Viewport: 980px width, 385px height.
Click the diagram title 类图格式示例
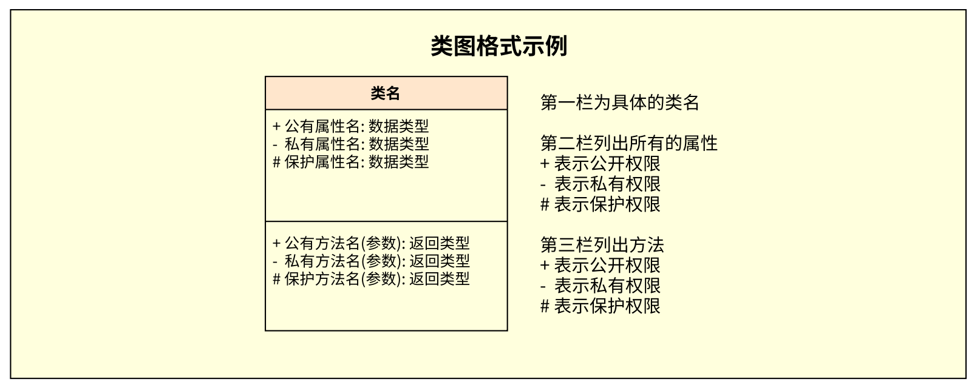click(x=499, y=46)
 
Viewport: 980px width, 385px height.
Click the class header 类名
click(x=386, y=93)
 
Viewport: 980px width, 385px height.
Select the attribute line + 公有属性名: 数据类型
click(x=350, y=126)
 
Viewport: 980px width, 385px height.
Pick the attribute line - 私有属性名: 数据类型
click(x=350, y=144)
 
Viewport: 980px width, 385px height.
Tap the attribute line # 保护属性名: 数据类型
click(x=350, y=161)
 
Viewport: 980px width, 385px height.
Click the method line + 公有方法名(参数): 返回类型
click(x=371, y=243)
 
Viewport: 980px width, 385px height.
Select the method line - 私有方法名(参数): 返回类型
click(x=371, y=261)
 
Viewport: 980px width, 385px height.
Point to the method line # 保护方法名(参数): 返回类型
click(x=371, y=278)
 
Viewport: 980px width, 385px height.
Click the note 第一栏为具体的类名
click(x=619, y=102)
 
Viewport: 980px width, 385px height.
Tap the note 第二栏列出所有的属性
click(x=629, y=143)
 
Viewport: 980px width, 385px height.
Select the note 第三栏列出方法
click(x=602, y=245)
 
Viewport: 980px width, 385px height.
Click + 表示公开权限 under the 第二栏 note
click(x=600, y=164)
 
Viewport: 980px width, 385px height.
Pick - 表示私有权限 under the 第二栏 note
click(x=600, y=184)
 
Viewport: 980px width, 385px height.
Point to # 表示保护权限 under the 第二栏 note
click(x=600, y=204)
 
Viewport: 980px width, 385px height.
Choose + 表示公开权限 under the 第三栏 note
click(x=600, y=265)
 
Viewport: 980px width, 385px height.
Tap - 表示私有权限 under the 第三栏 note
click(x=600, y=286)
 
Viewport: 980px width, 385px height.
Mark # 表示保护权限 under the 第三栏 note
click(x=600, y=306)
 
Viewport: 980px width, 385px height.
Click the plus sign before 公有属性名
click(x=276, y=126)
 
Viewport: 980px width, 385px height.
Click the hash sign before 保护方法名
click(x=276, y=279)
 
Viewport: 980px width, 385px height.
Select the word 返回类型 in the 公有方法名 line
click(x=439, y=243)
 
